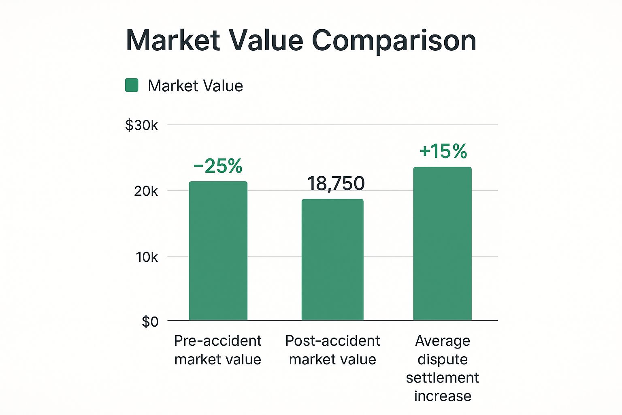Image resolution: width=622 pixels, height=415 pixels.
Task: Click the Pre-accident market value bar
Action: point(218,251)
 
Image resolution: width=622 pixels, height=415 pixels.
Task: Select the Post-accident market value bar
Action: point(332,260)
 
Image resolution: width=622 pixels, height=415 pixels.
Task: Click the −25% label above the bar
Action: point(218,166)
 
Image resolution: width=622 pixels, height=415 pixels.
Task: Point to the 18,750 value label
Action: point(336,184)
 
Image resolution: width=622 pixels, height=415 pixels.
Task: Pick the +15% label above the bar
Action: point(443,151)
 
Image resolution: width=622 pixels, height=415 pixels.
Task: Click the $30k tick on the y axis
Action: point(141,125)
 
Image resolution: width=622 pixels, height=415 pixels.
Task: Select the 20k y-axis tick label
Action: point(146,191)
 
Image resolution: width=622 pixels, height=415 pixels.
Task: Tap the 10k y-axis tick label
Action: point(147,257)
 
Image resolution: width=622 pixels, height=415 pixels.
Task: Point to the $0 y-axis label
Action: point(150,321)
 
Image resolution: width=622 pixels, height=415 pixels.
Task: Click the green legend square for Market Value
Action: point(132,86)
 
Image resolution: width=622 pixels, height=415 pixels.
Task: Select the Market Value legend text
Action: point(195,86)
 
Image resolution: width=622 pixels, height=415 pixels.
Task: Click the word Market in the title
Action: point(173,41)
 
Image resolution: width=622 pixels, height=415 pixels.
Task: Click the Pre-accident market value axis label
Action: point(218,350)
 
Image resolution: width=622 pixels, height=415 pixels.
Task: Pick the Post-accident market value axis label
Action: point(332,350)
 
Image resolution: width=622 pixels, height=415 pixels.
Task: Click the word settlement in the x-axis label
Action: point(442,378)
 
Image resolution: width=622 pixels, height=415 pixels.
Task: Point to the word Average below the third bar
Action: point(443,341)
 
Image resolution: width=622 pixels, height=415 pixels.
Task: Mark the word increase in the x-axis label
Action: point(443,396)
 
